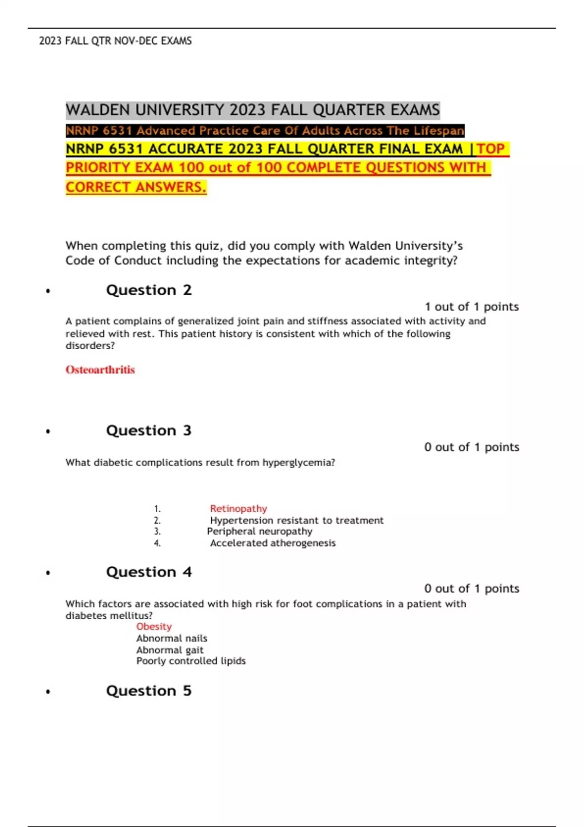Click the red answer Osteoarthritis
100,370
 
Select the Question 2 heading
148,290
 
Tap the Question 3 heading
148,431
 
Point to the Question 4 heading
148,572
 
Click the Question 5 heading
148,691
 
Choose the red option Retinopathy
238,509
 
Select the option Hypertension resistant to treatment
296,521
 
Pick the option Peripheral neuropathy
259,532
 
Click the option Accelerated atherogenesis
273,543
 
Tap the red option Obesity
154,627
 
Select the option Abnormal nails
171,638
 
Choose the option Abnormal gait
170,650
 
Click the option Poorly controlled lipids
191,661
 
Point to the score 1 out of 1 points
472,306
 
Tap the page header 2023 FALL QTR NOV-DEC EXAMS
115,41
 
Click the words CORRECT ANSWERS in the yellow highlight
136,187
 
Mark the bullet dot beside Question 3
48,431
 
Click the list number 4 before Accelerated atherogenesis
157,543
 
